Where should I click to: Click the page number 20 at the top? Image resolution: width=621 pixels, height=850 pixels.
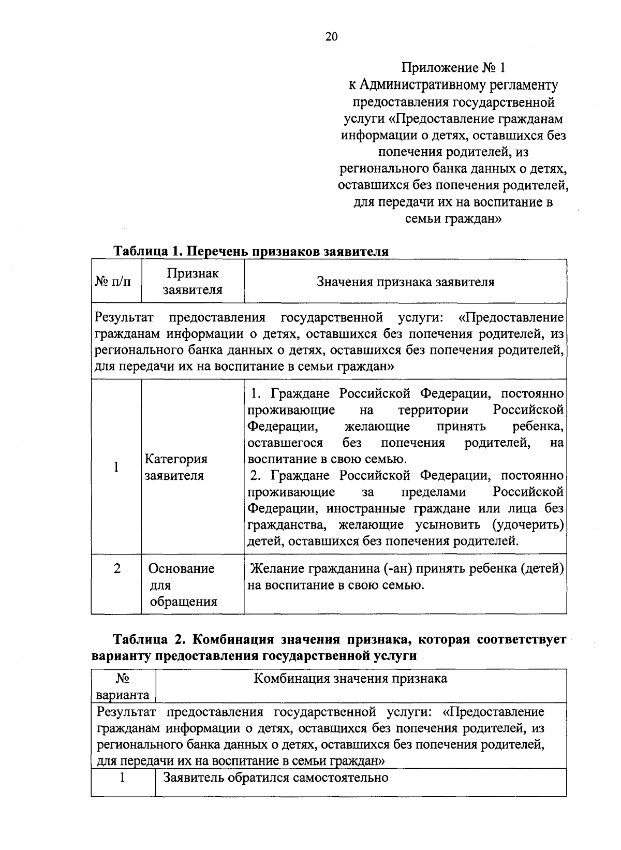(331, 36)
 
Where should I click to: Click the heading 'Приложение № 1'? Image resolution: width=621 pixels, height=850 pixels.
(453, 68)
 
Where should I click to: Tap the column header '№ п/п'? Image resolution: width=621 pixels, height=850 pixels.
(113, 282)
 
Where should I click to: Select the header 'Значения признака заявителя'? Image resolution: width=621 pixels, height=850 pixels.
(405, 282)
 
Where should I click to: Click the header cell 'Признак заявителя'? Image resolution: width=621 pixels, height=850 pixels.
(193, 282)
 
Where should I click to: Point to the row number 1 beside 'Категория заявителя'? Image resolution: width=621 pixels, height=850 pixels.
(116, 467)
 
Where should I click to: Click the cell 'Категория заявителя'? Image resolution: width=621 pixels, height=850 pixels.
(176, 467)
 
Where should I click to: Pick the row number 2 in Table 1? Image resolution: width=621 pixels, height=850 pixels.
(117, 568)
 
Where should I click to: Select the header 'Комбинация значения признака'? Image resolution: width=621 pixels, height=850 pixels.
(350, 679)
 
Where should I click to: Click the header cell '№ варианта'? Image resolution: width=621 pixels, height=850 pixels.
(123, 686)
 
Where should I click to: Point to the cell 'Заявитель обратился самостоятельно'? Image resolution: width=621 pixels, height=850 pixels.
(275, 778)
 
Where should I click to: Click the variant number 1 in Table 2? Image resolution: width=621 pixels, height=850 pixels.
(123, 778)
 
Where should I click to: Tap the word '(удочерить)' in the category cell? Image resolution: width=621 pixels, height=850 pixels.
(527, 525)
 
